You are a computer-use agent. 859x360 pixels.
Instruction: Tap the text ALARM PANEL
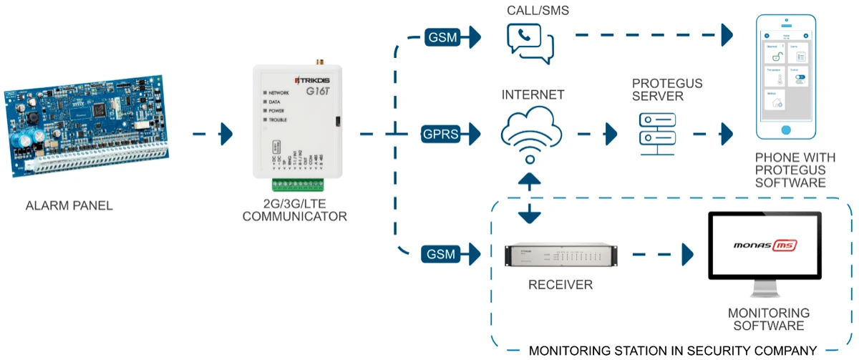69,207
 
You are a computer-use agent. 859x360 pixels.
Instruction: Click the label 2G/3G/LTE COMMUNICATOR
294,210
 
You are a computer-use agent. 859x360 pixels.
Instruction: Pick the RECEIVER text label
560,285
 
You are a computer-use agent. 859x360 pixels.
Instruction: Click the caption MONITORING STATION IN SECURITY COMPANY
673,351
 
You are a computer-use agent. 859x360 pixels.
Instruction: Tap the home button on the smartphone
787,130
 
